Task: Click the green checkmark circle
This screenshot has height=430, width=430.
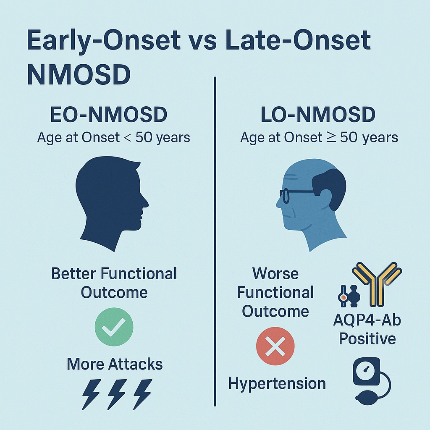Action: pos(114,327)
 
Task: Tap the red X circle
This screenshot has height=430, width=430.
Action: pos(275,346)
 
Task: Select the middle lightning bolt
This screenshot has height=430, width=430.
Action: pos(117,394)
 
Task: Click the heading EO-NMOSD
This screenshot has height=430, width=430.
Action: pos(109,115)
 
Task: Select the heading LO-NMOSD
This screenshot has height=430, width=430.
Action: pos(318,115)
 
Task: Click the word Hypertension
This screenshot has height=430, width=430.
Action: pos(277,383)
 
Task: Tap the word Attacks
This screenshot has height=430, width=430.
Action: pos(135,364)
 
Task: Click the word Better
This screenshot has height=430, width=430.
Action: pos(73,274)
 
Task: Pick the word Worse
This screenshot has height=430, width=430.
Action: pos(275,273)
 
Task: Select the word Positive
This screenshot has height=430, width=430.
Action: pos(367,338)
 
